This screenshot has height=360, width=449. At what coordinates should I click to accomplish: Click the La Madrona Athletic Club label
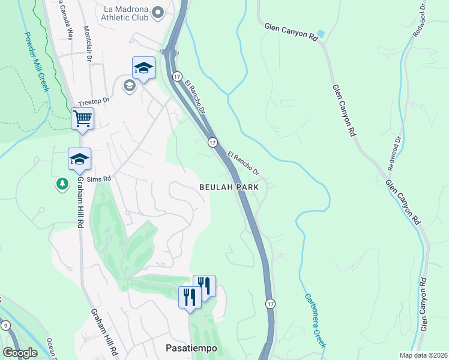pos(125,13)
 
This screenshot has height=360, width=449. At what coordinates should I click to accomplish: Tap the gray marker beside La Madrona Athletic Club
pos(158,13)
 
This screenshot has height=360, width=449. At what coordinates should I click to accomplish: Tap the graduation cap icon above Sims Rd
pos(79,159)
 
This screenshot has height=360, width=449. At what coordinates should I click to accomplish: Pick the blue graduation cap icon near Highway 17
pos(144,68)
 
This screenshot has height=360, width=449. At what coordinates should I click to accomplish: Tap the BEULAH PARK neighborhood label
pos(229,187)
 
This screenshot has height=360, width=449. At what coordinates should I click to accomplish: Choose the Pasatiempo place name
pos(191,348)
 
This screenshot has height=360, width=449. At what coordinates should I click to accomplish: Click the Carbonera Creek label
pos(314,320)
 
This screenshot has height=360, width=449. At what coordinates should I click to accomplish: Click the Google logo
pos(20,353)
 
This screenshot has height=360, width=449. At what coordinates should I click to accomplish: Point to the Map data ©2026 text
pos(423,355)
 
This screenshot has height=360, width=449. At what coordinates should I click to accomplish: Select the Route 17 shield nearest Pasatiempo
pos(271,304)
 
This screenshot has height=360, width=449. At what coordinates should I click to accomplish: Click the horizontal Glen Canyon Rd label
pos(291,32)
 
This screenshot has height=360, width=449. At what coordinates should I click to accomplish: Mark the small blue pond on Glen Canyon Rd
pos(321,34)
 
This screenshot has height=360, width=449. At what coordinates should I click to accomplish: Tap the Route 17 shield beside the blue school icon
pos(177,76)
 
